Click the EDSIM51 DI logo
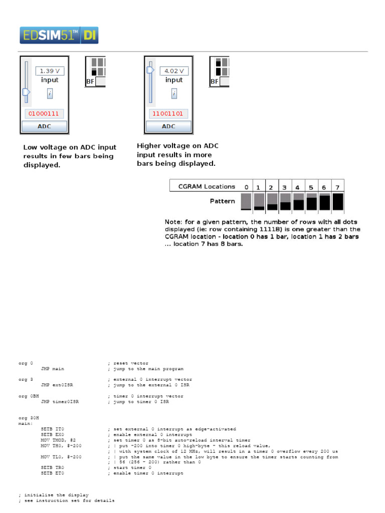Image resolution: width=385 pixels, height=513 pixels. coord(59,35)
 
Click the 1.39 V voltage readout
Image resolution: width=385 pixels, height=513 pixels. coord(50,71)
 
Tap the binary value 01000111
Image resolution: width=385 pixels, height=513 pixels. coord(43,114)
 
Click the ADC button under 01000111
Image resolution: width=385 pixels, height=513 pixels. coord(44,127)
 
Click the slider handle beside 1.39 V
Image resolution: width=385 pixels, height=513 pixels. coord(26,92)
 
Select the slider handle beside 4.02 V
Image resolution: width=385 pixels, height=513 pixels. coord(150,71)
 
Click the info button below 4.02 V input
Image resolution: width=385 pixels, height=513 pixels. coord(173,93)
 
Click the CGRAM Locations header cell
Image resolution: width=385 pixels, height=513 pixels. coord(207,186)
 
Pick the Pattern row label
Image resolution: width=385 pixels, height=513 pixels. coord(222,201)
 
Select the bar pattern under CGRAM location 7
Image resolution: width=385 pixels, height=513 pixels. coord(337,201)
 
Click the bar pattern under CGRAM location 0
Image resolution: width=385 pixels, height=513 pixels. coord(246,201)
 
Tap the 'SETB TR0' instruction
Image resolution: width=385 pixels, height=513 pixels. coord(53,467)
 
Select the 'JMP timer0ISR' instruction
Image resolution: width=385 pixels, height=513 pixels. coord(60,402)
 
